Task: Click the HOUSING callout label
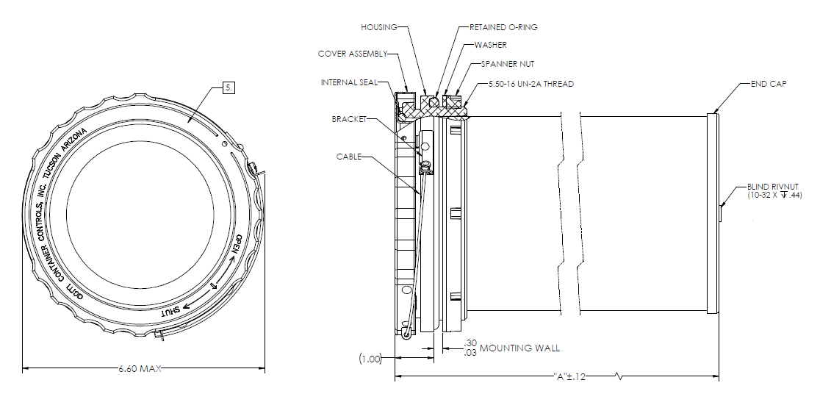378,27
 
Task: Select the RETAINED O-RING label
503,27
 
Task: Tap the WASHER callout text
490,46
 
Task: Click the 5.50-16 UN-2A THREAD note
531,84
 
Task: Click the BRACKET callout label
349,118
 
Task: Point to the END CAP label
769,84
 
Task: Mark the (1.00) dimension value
370,359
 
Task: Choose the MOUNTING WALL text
519,348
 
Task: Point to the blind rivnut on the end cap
721,214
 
